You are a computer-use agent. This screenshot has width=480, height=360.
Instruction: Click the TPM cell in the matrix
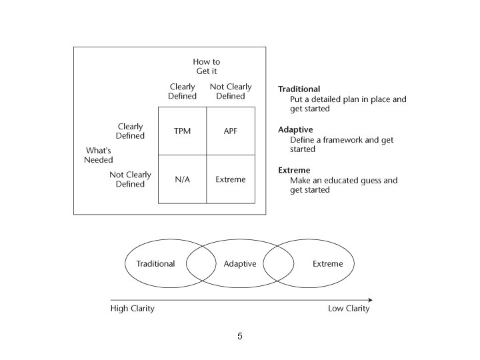pyautogui.click(x=182, y=131)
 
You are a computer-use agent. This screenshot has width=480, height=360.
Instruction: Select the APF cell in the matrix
pyautogui.click(x=231, y=131)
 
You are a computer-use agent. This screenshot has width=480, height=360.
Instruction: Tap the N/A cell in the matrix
pyautogui.click(x=182, y=179)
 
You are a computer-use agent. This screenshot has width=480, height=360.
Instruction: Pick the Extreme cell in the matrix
pyautogui.click(x=231, y=179)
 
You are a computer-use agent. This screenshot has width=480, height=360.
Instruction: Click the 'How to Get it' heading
pyautogui.click(x=207, y=67)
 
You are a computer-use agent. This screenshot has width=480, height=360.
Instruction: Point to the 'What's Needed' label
pyautogui.click(x=99, y=155)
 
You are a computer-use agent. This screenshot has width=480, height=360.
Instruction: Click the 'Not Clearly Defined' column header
pyautogui.click(x=231, y=91)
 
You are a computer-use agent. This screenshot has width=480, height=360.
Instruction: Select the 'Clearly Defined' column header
pyautogui.click(x=183, y=91)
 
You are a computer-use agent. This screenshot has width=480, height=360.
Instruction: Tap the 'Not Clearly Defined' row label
pyautogui.click(x=131, y=179)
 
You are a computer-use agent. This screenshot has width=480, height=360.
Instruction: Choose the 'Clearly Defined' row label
pyautogui.click(x=131, y=131)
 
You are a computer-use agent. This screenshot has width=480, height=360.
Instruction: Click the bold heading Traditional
pyautogui.click(x=299, y=89)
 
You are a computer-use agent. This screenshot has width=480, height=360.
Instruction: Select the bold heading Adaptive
pyautogui.click(x=295, y=130)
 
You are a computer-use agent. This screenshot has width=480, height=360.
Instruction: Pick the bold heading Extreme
pyautogui.click(x=294, y=171)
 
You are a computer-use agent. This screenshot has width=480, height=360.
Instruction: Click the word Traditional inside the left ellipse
pyautogui.click(x=155, y=264)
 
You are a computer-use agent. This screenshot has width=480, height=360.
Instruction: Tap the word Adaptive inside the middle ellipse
pyautogui.click(x=240, y=264)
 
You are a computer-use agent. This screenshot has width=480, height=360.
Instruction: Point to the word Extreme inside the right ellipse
pyautogui.click(x=328, y=264)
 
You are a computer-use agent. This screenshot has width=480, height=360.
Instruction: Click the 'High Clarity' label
pyautogui.click(x=132, y=309)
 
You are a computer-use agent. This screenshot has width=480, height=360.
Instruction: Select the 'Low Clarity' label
pyautogui.click(x=349, y=309)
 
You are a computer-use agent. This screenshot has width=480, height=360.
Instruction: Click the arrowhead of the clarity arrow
pyautogui.click(x=370, y=300)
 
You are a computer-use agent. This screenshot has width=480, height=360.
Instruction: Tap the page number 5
pyautogui.click(x=239, y=337)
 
